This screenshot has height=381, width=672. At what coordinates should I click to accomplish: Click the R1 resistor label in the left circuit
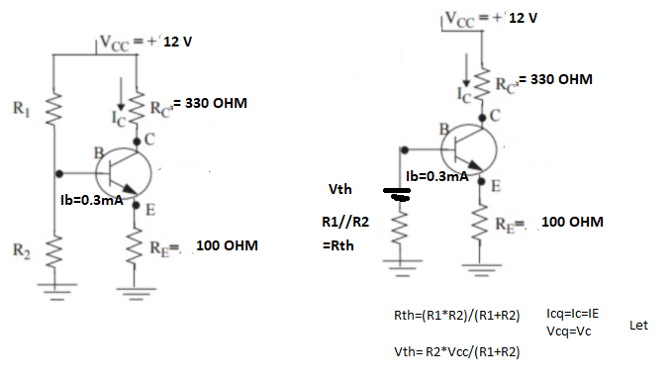point(21,108)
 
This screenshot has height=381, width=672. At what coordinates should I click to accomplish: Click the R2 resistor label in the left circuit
point(22,250)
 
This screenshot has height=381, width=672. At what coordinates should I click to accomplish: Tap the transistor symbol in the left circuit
point(124,173)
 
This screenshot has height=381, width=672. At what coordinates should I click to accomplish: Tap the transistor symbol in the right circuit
point(469,149)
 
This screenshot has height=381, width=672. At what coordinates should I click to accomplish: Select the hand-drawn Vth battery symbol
point(397,194)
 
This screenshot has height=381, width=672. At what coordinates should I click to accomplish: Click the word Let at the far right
point(638,326)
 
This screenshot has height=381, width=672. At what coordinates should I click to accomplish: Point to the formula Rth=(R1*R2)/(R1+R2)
point(457,316)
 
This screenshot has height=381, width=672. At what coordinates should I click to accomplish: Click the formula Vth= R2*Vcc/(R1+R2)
point(457,352)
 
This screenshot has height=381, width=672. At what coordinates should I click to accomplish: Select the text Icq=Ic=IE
point(573,314)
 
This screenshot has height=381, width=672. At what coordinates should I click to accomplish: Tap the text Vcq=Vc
point(569,332)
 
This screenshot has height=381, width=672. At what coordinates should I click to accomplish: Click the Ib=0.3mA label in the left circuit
point(92,200)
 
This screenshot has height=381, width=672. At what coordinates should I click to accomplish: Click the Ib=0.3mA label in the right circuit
point(437,176)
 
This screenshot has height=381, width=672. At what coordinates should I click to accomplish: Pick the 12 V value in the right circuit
point(524,18)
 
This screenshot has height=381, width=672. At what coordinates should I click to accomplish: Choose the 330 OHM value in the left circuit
point(216,103)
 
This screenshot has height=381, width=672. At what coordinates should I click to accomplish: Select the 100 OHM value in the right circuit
point(573,222)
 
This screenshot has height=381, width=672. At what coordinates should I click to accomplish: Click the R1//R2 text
point(345,222)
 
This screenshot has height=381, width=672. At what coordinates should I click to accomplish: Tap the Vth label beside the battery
point(340,189)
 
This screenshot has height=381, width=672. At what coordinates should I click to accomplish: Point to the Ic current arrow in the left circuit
point(122,94)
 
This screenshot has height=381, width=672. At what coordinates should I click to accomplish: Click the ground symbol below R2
point(54,290)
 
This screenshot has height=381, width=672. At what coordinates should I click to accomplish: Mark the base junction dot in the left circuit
point(59,173)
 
